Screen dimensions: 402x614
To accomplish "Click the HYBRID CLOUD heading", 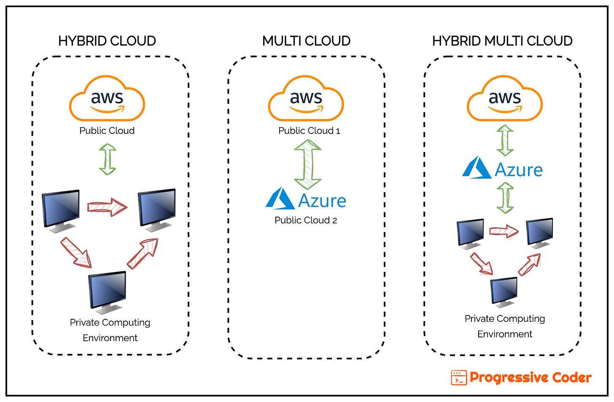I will pyautogui.click(x=107, y=41).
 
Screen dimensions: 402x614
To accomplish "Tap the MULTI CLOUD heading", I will pyautogui.click(x=307, y=41).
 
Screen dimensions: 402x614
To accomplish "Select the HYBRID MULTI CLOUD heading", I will pyautogui.click(x=502, y=41).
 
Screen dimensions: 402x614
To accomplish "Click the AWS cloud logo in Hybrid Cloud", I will pyautogui.click(x=107, y=99).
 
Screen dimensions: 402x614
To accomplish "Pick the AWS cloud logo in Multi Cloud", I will pyautogui.click(x=306, y=99).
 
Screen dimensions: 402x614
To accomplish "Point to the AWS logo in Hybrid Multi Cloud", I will pyautogui.click(x=505, y=99).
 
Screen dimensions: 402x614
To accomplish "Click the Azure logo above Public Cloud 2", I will pyautogui.click(x=306, y=199).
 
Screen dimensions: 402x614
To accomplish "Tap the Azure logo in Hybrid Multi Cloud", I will pyautogui.click(x=502, y=168).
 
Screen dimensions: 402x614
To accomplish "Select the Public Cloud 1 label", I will pyautogui.click(x=309, y=131).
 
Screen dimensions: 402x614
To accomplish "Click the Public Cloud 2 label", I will pyautogui.click(x=306, y=220).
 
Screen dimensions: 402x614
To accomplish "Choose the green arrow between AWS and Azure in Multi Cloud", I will pyautogui.click(x=308, y=165).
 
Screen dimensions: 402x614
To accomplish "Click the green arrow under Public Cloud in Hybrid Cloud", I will pyautogui.click(x=108, y=159).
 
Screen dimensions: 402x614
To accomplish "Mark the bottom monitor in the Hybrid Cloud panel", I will pyautogui.click(x=108, y=292).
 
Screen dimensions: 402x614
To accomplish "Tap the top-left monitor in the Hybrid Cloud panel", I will pyautogui.click(x=62, y=210).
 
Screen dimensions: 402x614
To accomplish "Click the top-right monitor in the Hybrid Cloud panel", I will pyautogui.click(x=157, y=209).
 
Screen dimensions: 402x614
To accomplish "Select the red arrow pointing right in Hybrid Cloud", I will pyautogui.click(x=107, y=207).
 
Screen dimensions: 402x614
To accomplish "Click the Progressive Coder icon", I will pyautogui.click(x=459, y=378).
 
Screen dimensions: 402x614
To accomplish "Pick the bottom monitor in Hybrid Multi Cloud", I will pyautogui.click(x=504, y=292).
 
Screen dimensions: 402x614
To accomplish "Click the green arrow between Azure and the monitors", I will pyautogui.click(x=505, y=198).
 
